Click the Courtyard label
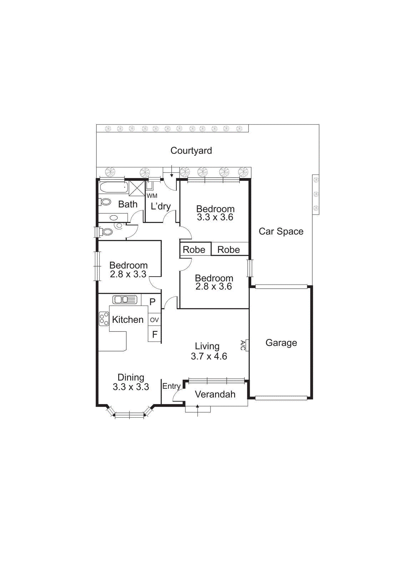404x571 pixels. (191, 151)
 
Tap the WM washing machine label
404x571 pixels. (152, 196)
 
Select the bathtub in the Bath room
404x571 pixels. (113, 187)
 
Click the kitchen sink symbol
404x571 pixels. (125, 299)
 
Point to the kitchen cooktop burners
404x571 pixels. (104, 319)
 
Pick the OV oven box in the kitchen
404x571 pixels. (154, 320)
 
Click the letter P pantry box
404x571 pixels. (152, 302)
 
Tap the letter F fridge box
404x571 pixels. (155, 334)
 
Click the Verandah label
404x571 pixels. (215, 394)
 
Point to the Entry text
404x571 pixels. (171, 386)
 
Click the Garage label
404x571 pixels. (281, 343)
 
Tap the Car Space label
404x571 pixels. (281, 232)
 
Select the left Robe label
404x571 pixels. (194, 250)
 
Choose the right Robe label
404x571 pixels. (228, 250)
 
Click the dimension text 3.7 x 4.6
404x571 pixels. (209, 356)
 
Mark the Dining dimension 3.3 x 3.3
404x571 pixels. (131, 387)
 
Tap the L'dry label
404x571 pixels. (161, 206)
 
